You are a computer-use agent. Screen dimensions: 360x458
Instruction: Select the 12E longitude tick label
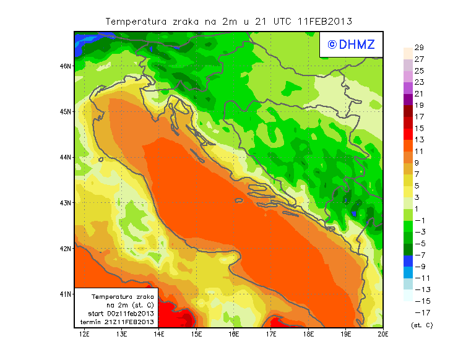[x=85, y=335]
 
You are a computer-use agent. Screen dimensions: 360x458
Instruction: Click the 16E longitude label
[x=234, y=335]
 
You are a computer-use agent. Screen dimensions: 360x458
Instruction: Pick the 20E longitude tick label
[x=383, y=335]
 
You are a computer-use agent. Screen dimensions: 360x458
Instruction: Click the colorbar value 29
[x=418, y=48]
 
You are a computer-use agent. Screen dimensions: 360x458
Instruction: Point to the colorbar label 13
[x=418, y=140]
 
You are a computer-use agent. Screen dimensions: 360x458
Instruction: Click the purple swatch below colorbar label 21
[x=407, y=99]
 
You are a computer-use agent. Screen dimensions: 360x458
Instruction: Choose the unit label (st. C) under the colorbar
[x=421, y=325]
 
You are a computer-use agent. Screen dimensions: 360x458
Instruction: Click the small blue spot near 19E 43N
[x=353, y=213]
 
